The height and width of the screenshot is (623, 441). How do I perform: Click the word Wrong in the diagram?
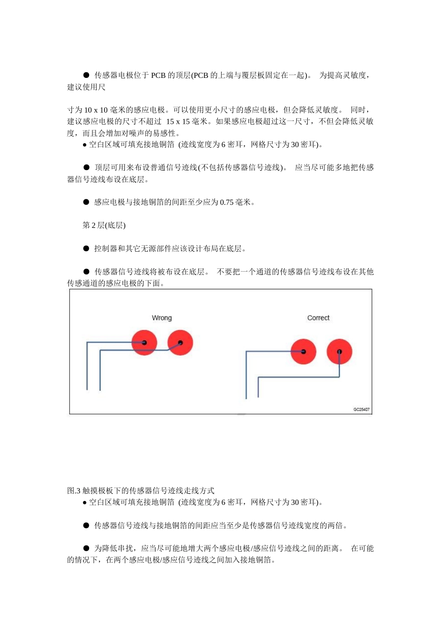(162, 318)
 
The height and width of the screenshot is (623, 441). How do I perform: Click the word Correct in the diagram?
(318, 318)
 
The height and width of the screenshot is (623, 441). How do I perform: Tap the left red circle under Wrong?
(144, 343)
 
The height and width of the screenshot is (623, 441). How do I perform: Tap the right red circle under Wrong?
(180, 343)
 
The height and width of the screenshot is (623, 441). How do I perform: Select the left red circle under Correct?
(303, 351)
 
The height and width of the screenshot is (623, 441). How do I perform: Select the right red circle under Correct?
(339, 351)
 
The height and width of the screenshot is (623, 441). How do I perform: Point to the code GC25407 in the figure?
(362, 409)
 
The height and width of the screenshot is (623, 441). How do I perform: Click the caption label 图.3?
(74, 490)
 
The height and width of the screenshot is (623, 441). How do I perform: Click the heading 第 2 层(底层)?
(104, 225)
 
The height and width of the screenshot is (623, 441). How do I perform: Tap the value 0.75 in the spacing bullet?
(227, 202)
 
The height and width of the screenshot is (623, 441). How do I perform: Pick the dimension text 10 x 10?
(96, 110)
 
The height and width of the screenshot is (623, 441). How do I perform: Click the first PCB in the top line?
(158, 75)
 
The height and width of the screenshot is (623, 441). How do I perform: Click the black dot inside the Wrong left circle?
(144, 343)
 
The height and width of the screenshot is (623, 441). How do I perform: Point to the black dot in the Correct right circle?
(339, 351)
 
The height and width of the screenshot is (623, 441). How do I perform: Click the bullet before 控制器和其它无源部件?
(86, 248)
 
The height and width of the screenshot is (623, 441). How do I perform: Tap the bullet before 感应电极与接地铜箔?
(86, 202)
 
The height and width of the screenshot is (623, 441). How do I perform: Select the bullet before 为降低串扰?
(86, 548)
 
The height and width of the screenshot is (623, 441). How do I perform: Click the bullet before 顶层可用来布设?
(86, 167)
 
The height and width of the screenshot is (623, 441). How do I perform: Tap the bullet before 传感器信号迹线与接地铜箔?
(86, 525)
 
